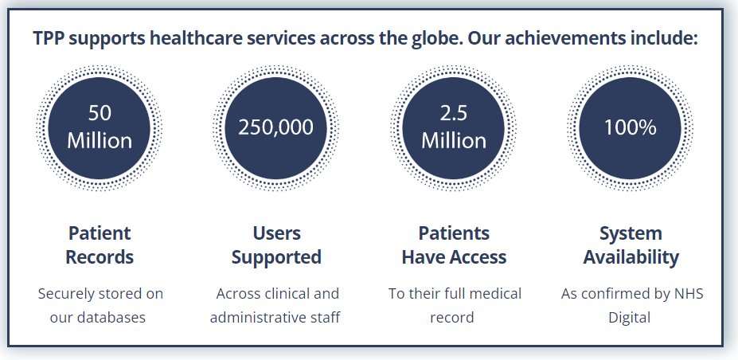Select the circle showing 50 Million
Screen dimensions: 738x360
(100, 128)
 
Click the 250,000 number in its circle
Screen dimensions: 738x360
(275, 127)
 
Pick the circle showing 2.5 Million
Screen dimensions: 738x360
(454, 128)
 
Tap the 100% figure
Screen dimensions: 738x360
(631, 127)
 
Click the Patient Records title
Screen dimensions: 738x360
(100, 245)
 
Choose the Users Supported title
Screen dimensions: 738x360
(276, 245)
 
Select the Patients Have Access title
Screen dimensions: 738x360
(454, 245)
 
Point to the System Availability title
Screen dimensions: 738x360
(631, 245)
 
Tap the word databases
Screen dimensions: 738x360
(111, 317)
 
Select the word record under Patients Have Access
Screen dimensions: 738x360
(452, 318)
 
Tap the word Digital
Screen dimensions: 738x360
(629, 318)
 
